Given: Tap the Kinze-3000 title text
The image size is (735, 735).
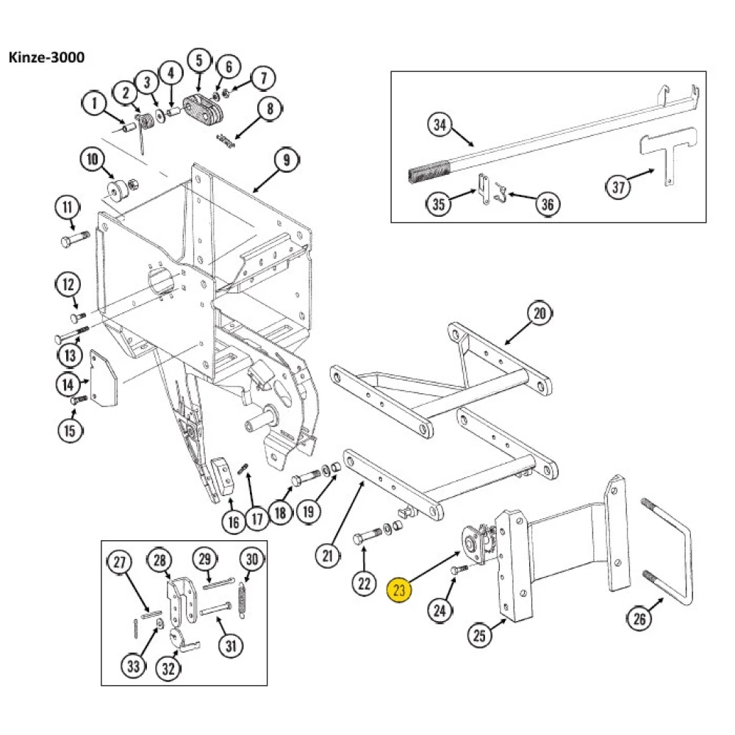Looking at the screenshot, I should point(46,57).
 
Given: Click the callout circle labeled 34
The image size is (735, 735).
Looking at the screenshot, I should point(440,126).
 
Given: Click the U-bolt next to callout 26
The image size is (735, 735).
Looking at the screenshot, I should point(671,552).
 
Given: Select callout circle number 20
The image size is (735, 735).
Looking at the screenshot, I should point(539,314).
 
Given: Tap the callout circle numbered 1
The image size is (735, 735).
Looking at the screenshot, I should point(94,104).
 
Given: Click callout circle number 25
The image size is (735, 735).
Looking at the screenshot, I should point(480,635).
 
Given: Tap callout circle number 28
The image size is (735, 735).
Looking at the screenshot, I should point(159,561).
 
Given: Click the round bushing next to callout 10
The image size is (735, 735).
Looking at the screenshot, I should point(116,189).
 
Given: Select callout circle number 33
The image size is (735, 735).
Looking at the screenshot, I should point(133,667).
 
